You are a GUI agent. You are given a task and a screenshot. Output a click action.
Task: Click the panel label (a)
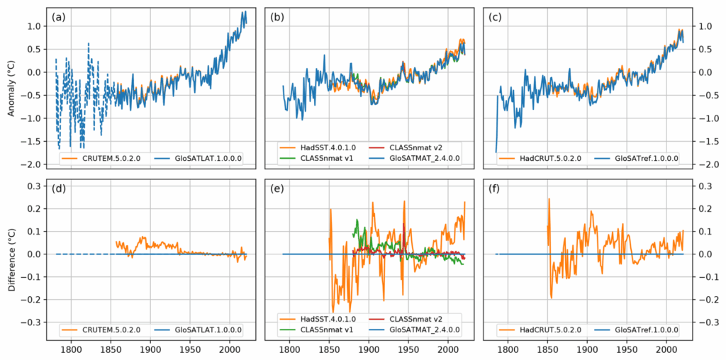pos(59,17)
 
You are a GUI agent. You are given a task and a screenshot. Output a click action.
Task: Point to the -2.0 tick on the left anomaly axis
pos(33,164)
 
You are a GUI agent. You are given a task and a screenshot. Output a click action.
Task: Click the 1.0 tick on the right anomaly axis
pos(702,26)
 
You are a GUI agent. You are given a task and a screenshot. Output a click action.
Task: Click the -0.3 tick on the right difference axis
pos(703,322)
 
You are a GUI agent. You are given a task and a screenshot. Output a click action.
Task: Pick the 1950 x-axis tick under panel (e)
pos(408,349)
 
